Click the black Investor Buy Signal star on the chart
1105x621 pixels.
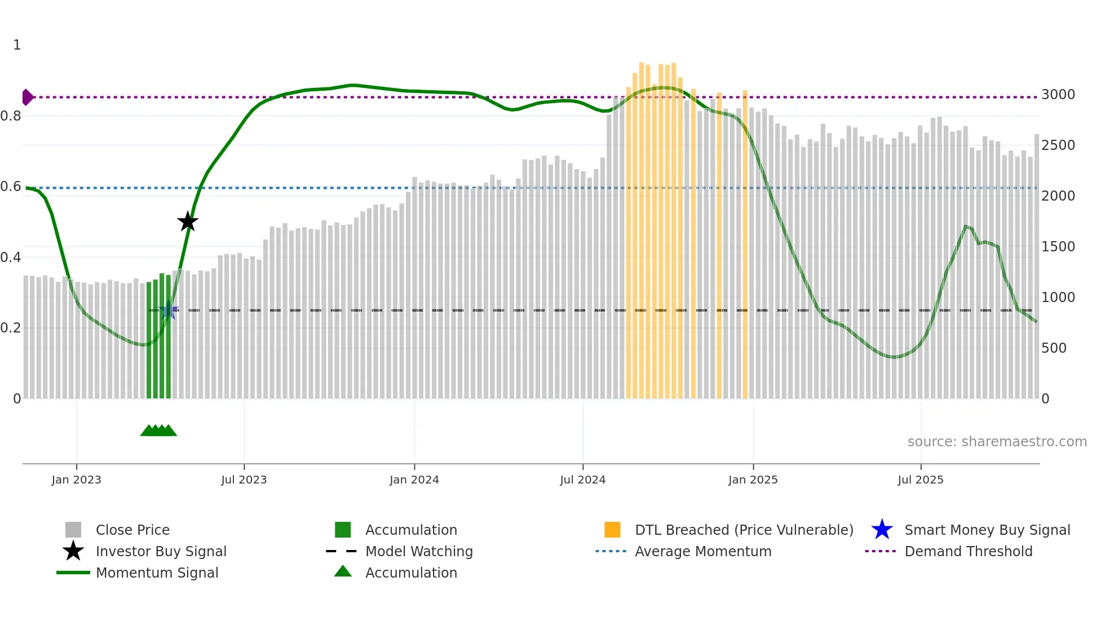pyautogui.click(x=188, y=221)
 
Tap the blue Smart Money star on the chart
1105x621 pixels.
pyautogui.click(x=169, y=310)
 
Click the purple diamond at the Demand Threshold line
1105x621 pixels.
pyautogui.click(x=27, y=97)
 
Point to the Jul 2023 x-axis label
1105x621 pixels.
pyautogui.click(x=244, y=480)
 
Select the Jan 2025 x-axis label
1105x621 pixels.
pyautogui.click(x=753, y=480)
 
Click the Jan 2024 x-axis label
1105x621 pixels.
pyautogui.click(x=414, y=480)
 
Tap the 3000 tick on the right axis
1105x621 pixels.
pyautogui.click(x=1058, y=95)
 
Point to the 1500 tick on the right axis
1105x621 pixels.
pyautogui.click(x=1058, y=247)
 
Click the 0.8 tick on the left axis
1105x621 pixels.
pyautogui.click(x=11, y=116)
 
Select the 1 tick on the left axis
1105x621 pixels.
pyautogui.click(x=17, y=45)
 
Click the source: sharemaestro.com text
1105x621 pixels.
pyautogui.click(x=997, y=442)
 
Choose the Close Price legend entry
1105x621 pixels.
pyautogui.click(x=132, y=530)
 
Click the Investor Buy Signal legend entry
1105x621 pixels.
pyautogui.click(x=161, y=551)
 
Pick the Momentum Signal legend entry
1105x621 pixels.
pyautogui.click(x=157, y=573)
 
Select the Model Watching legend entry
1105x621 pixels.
pyautogui.click(x=419, y=551)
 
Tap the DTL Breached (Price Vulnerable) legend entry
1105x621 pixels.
pyautogui.click(x=744, y=530)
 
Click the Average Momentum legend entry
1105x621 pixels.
pyautogui.click(x=703, y=551)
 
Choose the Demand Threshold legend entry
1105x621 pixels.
pyautogui.click(x=968, y=551)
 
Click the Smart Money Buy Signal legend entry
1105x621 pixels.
pyautogui.click(x=987, y=530)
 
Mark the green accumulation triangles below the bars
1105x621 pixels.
pyautogui.click(x=158, y=431)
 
